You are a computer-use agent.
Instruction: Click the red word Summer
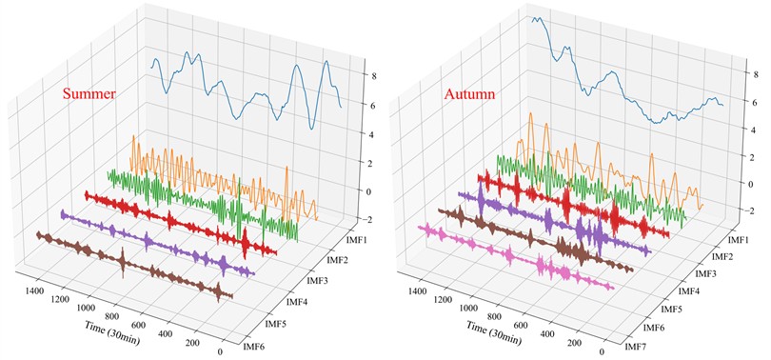pyautogui.click(x=89, y=94)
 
